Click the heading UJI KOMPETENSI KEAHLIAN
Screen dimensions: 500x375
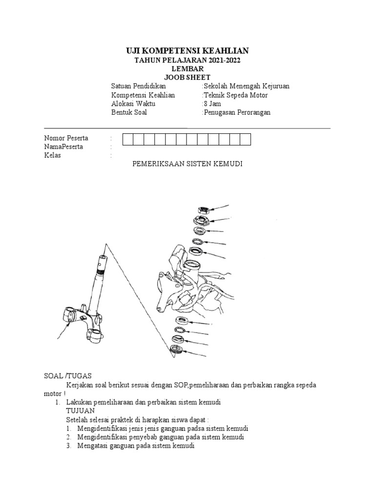[x=187, y=51]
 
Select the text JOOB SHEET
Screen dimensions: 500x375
[x=187, y=77]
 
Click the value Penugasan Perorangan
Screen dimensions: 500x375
[x=237, y=113]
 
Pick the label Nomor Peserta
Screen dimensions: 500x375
[x=66, y=139]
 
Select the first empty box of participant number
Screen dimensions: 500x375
[x=127, y=139]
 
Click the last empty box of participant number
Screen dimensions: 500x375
[x=245, y=139]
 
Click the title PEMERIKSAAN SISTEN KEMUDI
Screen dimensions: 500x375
[x=187, y=165]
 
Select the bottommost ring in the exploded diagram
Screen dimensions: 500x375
[x=175, y=350]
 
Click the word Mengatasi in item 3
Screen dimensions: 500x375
[x=92, y=446]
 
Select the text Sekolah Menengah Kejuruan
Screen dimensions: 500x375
[x=247, y=86]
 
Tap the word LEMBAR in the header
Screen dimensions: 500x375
[x=187, y=69]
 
